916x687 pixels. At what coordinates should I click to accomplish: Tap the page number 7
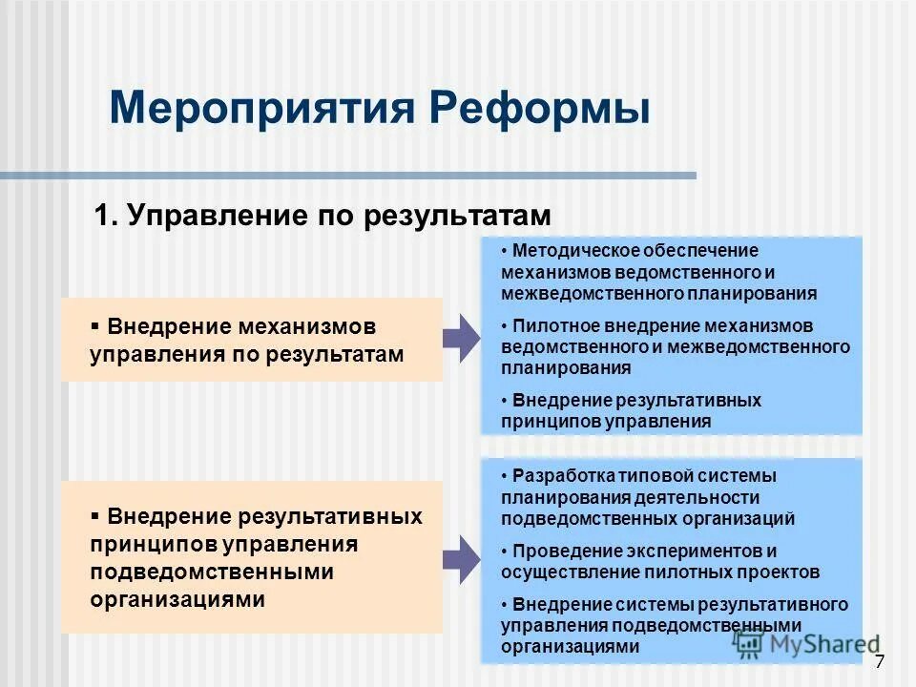879,662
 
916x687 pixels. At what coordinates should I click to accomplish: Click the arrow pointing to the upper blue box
462,337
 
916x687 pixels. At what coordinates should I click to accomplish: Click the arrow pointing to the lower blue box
462,559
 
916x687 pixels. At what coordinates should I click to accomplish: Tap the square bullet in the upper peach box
95,325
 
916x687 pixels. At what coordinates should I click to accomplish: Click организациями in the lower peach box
177,599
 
